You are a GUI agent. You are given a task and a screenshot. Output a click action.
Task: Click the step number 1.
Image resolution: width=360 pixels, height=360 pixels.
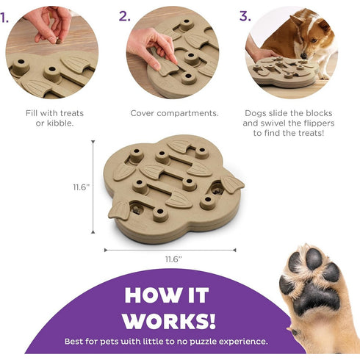pyautogui.click(x=6, y=15)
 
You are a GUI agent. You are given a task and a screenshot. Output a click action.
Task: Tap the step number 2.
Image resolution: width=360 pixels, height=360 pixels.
pyautogui.click(x=125, y=15)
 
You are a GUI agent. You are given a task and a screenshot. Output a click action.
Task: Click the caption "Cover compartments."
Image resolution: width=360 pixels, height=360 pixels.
pyautogui.click(x=173, y=113)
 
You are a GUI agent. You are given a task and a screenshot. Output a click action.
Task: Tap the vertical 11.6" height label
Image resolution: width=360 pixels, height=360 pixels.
pyautogui.click(x=81, y=187)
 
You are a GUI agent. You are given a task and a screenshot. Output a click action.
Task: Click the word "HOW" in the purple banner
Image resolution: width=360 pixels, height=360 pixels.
pyautogui.click(x=152, y=295)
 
